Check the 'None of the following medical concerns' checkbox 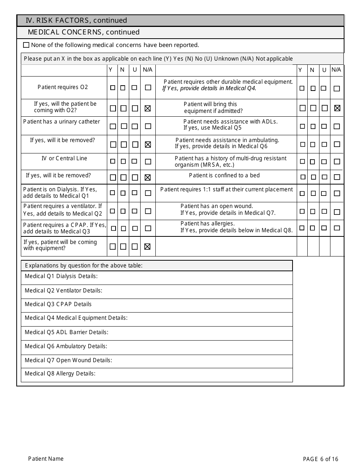click(26, 45)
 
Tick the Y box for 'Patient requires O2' click(113, 88)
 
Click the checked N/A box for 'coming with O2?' click(148, 108)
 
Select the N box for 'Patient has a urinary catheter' click(124, 126)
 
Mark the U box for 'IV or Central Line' click(134, 161)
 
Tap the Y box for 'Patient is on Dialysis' click(113, 193)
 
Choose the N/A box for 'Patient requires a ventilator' click(148, 211)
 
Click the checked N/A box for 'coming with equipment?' click(148, 247)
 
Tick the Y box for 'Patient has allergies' click(302, 228)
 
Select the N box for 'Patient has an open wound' click(313, 211)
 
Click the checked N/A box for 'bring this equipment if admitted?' click(337, 108)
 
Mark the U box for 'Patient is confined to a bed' click(324, 177)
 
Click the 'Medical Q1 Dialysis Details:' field click(157, 277)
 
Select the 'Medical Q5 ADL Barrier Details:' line click(157, 333)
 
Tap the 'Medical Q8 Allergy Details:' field click(157, 374)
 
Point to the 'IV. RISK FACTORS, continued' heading click(76, 20)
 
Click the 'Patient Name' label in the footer click(46, 459)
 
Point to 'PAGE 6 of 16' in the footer click(321, 459)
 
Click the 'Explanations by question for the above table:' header click(84, 266)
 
